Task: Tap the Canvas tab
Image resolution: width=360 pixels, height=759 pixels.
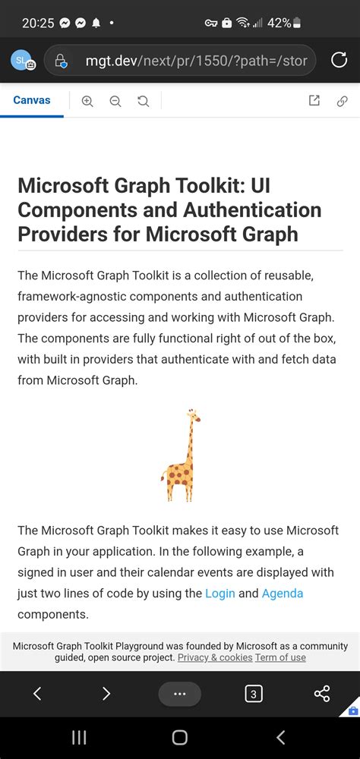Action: [32, 100]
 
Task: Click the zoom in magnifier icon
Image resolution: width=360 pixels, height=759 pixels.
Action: [87, 101]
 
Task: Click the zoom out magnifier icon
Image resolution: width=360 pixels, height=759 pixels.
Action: [115, 101]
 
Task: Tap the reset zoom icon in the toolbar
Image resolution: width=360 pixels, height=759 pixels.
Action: [143, 101]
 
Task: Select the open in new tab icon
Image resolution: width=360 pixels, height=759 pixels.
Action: [314, 101]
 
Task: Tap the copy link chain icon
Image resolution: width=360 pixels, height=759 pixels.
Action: [342, 101]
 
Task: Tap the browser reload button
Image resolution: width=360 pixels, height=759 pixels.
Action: [339, 60]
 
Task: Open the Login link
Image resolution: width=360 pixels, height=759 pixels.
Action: [220, 594]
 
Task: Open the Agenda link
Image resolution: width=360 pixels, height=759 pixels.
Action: [283, 594]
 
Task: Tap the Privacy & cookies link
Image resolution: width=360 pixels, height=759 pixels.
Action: [215, 657]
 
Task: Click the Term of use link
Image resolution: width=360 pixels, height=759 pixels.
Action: [280, 657]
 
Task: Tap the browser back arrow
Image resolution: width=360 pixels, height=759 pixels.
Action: [37, 693]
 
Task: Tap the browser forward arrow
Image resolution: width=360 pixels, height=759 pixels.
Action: [106, 693]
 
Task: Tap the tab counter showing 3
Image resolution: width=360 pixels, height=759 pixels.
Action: [253, 693]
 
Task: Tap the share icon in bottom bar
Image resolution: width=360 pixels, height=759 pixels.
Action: [322, 693]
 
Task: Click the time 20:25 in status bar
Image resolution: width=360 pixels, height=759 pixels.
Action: [37, 23]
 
